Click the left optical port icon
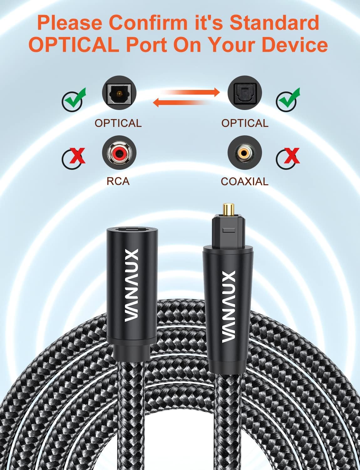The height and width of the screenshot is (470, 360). pos(119,93)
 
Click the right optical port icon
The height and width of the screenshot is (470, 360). pos(244,93)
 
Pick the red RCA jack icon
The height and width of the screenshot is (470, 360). pos(119,153)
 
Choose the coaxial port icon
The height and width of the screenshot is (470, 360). pos(244,153)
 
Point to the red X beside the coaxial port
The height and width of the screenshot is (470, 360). pos(290,155)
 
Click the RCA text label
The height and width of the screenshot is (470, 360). pos(118,181)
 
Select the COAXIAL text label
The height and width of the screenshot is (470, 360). pos(244,181)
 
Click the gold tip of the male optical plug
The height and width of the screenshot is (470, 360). pos(229,210)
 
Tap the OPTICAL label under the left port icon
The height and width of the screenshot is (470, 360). pos(118,123)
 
